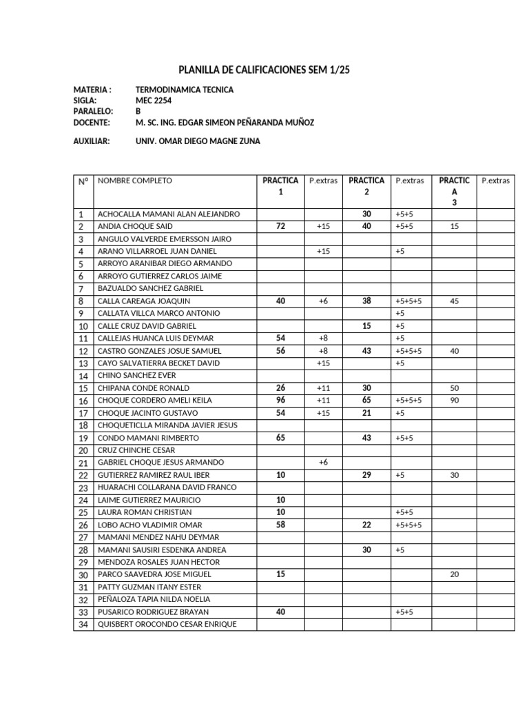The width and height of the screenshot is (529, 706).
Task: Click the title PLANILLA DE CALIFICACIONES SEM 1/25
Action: [264, 69]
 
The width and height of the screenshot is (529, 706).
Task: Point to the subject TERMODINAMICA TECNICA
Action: [185, 90]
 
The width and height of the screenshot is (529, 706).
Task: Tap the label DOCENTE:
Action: [92, 122]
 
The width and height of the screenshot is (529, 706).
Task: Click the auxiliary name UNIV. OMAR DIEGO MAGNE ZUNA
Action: [198, 141]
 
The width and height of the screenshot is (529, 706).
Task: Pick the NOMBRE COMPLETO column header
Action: [135, 181]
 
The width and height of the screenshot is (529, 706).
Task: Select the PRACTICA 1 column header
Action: [280, 186]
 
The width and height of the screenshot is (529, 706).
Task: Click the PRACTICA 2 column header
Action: [366, 186]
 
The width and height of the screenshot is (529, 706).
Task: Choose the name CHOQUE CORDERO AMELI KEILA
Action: [155, 401]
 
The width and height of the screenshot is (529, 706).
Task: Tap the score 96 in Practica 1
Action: [280, 401]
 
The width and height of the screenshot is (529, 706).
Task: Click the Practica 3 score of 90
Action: [454, 401]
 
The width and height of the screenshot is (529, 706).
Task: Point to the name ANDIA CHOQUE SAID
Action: [135, 226]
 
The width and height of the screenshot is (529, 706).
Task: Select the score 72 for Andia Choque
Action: [280, 226]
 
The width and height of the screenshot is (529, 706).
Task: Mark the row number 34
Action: [82, 625]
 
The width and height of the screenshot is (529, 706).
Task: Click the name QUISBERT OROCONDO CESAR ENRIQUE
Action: [167, 624]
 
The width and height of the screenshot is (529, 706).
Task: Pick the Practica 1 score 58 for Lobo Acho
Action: [280, 525]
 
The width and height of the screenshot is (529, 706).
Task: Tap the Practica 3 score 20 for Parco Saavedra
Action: [454, 574]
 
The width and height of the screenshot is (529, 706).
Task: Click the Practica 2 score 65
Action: [366, 401]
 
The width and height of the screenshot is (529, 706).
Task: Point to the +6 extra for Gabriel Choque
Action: [323, 463]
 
